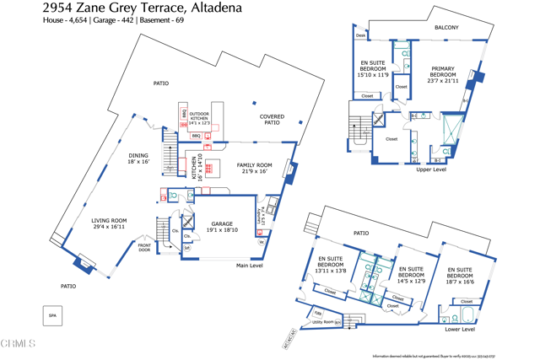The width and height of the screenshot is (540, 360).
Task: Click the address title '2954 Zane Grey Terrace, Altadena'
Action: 143,8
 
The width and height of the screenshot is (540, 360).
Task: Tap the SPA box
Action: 52,315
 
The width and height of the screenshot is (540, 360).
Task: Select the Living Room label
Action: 109,223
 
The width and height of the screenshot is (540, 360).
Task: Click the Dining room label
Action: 138,159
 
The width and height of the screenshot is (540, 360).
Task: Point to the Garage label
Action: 222,226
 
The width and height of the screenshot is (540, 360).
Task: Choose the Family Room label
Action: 254,168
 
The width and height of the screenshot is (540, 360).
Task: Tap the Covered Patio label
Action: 272,120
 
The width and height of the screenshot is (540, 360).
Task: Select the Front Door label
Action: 144,247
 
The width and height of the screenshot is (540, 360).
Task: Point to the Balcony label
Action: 446,28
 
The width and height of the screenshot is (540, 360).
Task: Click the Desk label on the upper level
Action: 360,35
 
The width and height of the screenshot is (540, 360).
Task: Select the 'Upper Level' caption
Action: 431,169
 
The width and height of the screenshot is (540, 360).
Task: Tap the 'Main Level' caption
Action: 250,266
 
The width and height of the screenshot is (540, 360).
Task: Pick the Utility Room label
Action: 324,322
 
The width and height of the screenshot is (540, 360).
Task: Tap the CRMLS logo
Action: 19,344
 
